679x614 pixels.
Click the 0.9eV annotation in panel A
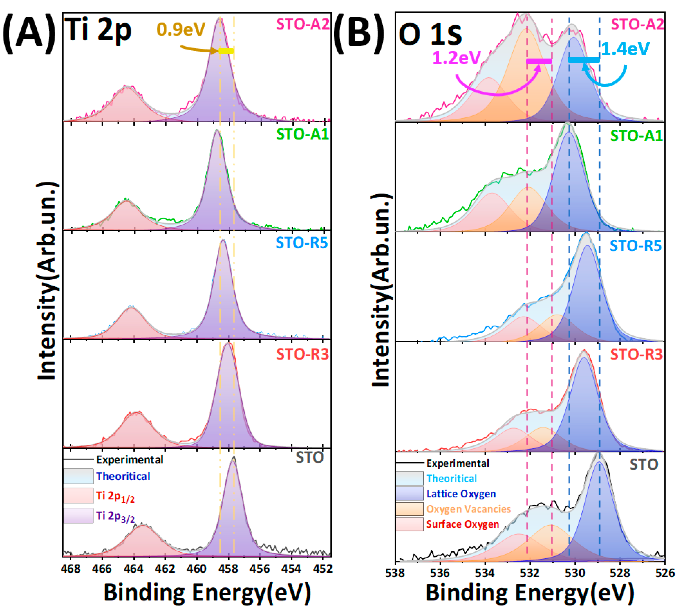pos(181,30)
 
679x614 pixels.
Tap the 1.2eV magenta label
pos(456,58)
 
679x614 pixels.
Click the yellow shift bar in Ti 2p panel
pos(226,51)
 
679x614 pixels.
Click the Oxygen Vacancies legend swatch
pos(409,509)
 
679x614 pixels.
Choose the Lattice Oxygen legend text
pos(461,494)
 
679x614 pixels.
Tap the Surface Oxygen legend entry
pos(462,524)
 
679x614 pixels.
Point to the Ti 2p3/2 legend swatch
pos(79,516)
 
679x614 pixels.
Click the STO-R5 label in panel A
pos(302,243)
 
